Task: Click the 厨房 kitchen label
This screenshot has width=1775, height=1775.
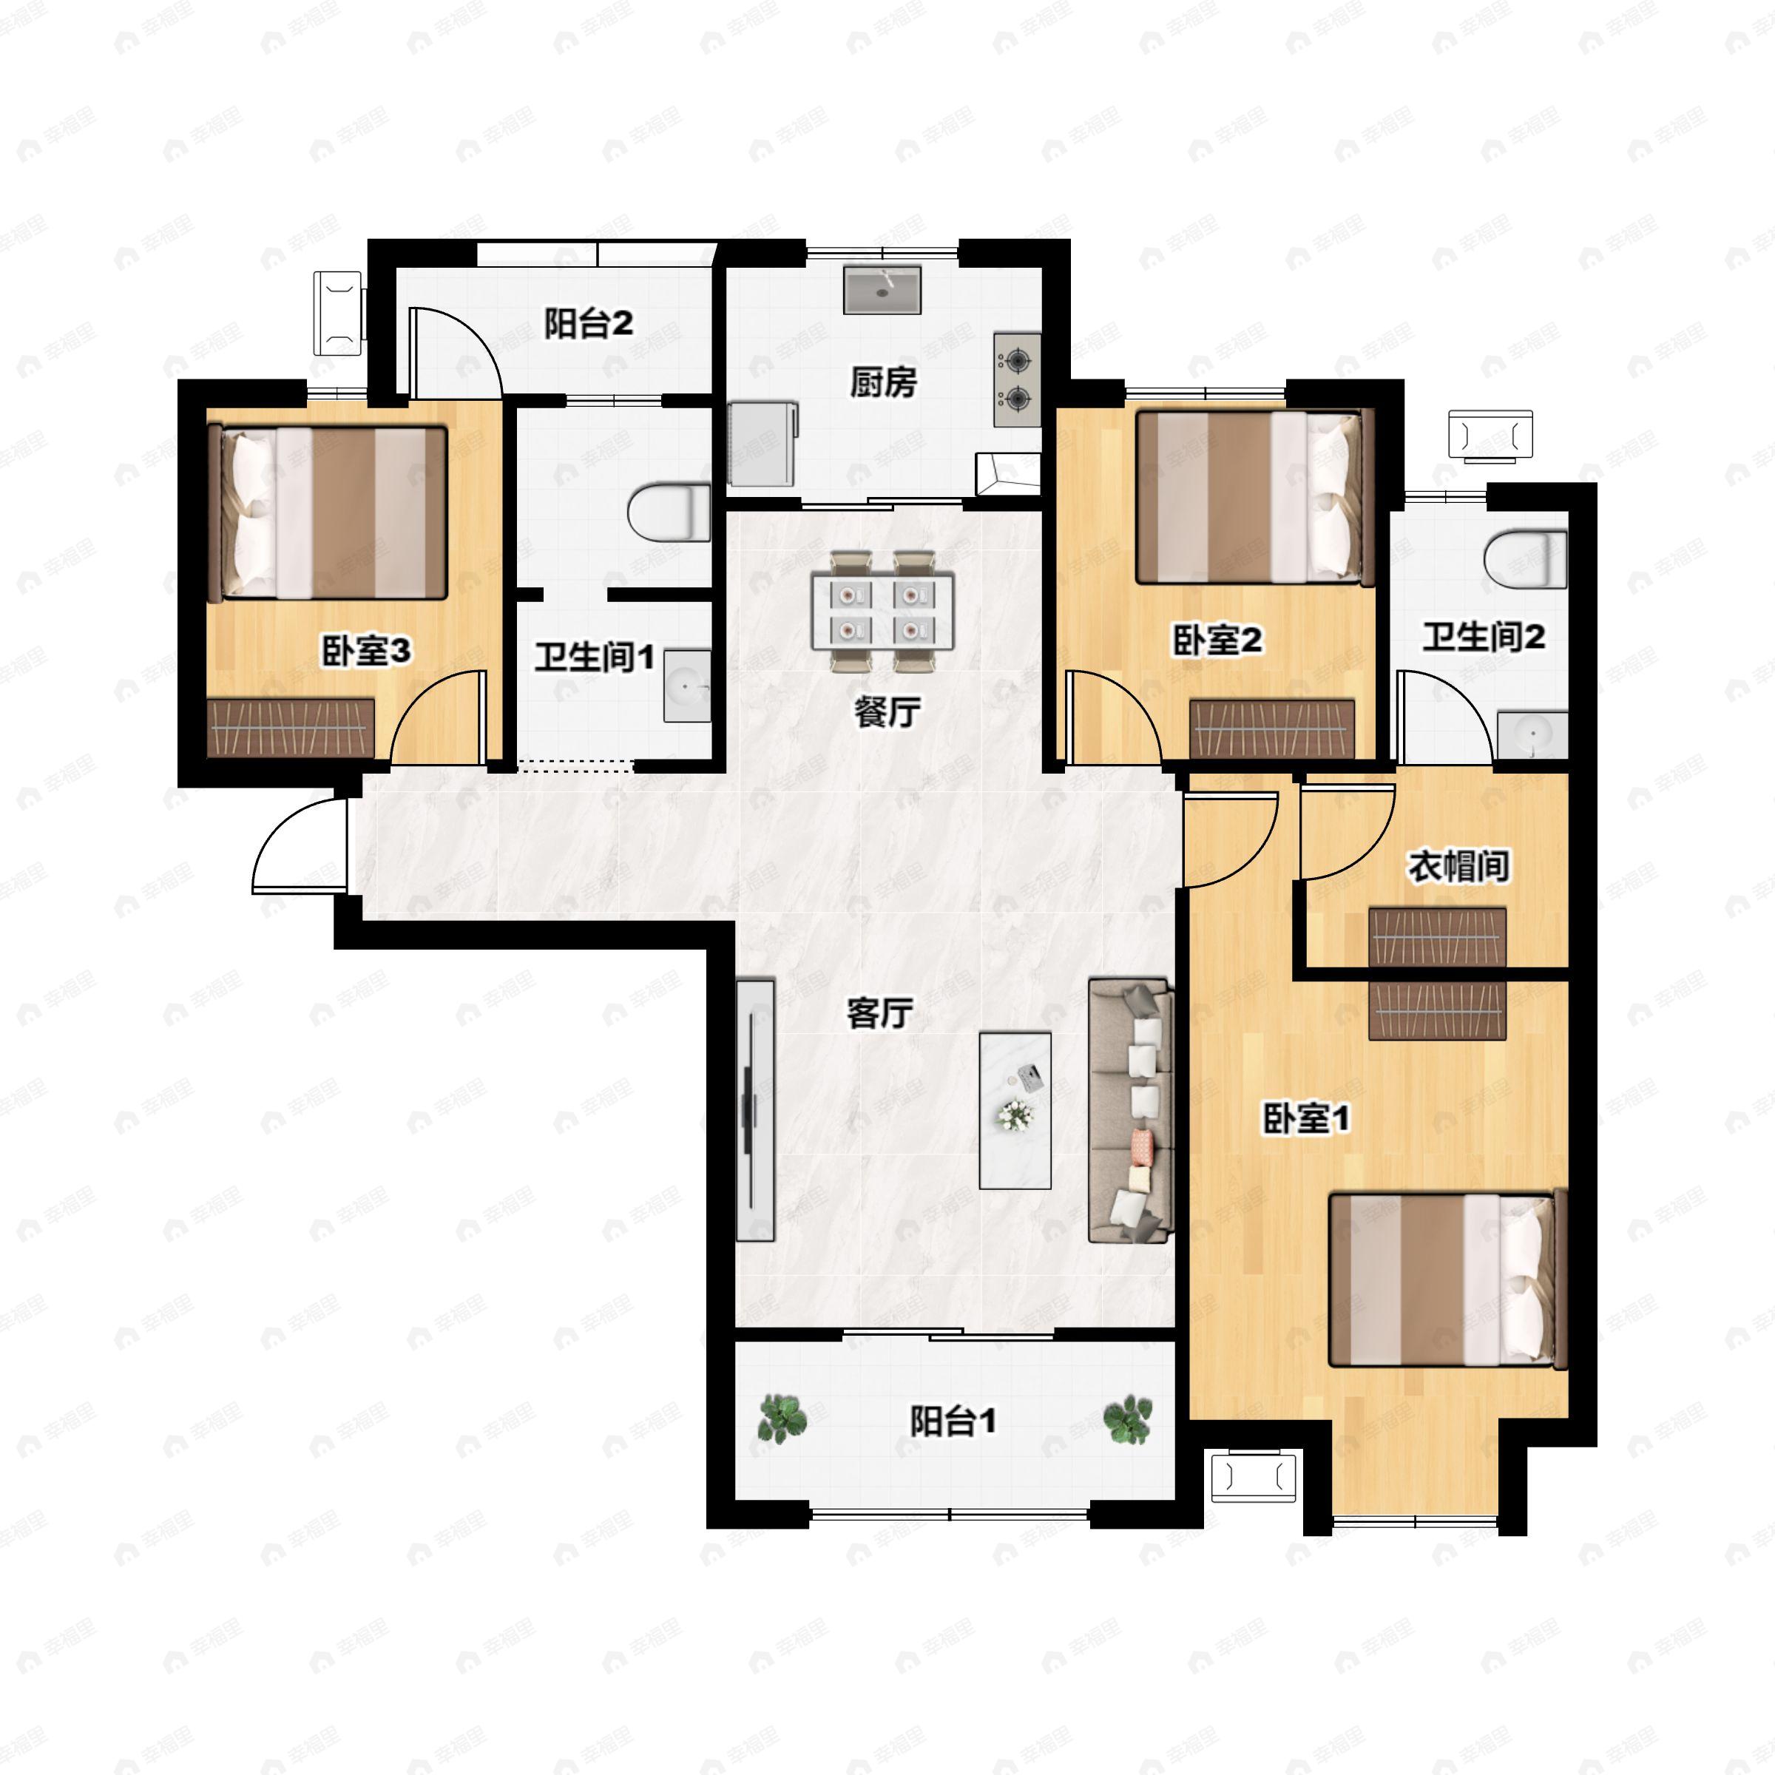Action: pos(883,382)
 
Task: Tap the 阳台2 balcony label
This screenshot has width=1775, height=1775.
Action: pos(589,323)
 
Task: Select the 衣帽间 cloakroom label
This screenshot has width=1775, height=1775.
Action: pos(1461,865)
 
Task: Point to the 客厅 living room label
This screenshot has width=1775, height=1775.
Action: pos(879,1013)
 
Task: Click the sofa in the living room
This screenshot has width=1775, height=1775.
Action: pos(1131,1110)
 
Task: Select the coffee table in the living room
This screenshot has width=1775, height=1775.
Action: pos(1015,1109)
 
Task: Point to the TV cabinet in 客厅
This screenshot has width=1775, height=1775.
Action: pos(755,1110)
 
